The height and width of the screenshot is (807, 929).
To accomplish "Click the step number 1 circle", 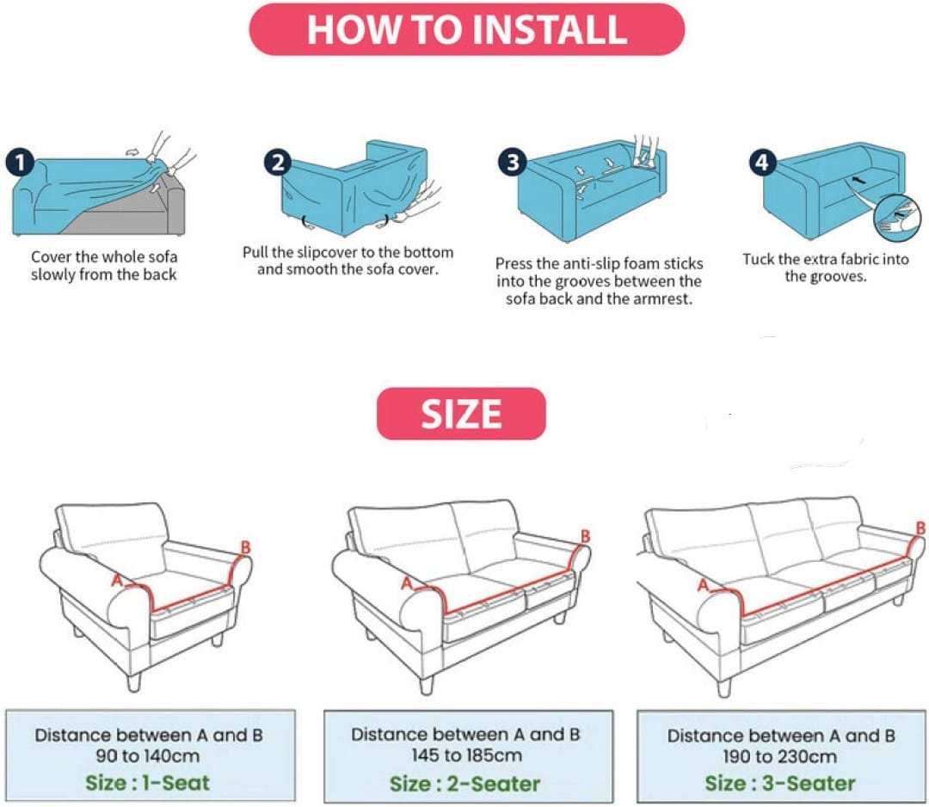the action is tap(20, 163).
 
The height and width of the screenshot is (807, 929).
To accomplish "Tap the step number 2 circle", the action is tap(278, 163).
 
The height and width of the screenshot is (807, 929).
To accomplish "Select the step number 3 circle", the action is tap(513, 162).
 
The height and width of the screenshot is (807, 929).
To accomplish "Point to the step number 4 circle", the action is tap(762, 163).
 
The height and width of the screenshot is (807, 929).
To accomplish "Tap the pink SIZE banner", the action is tap(461, 414).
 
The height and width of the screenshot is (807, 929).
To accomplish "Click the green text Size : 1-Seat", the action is tap(148, 783).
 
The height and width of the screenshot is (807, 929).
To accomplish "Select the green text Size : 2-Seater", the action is tap(465, 784).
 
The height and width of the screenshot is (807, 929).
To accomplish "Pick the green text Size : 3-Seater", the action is tap(780, 783).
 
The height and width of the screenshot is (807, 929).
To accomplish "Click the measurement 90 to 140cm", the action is tap(148, 756).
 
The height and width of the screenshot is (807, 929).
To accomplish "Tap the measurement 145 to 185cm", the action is tap(467, 755).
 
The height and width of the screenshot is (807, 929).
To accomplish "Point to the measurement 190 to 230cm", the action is tap(779, 756).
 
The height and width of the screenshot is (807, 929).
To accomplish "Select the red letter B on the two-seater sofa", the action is tap(586, 536).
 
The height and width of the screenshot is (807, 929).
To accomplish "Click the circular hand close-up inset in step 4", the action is tap(897, 218).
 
